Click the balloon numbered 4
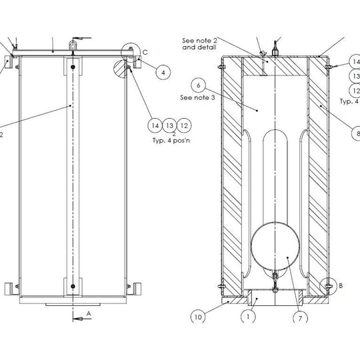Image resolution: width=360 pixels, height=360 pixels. coord(163,73)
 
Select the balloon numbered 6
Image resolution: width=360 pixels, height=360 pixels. coord(198,85)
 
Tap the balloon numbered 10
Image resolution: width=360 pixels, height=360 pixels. coord(198,317)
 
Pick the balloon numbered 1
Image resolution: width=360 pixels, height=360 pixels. coord(248,317)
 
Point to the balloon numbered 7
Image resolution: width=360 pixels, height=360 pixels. coord(300,318)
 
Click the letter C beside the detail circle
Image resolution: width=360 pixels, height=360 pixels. coord(145,53)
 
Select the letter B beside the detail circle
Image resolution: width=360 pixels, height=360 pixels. coord(341,285)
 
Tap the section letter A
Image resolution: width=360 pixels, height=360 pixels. coord(89,313)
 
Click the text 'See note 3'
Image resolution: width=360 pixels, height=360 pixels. coord(197,97)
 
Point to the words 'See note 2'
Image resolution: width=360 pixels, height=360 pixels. coord(199,41)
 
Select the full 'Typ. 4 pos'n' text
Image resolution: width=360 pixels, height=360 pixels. coord(171,140)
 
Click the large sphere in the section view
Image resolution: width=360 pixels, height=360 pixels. coord(275,245)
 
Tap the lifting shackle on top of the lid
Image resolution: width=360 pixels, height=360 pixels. coord(73,45)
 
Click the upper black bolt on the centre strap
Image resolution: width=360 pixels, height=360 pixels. coord(73,67)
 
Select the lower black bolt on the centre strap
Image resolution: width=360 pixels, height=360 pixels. coord(73,286)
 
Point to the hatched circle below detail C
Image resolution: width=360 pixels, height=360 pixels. coord(120,69)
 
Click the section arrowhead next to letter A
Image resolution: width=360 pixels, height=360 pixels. coord(77,319)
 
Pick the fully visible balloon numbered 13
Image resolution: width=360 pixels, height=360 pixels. coord(170,125)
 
